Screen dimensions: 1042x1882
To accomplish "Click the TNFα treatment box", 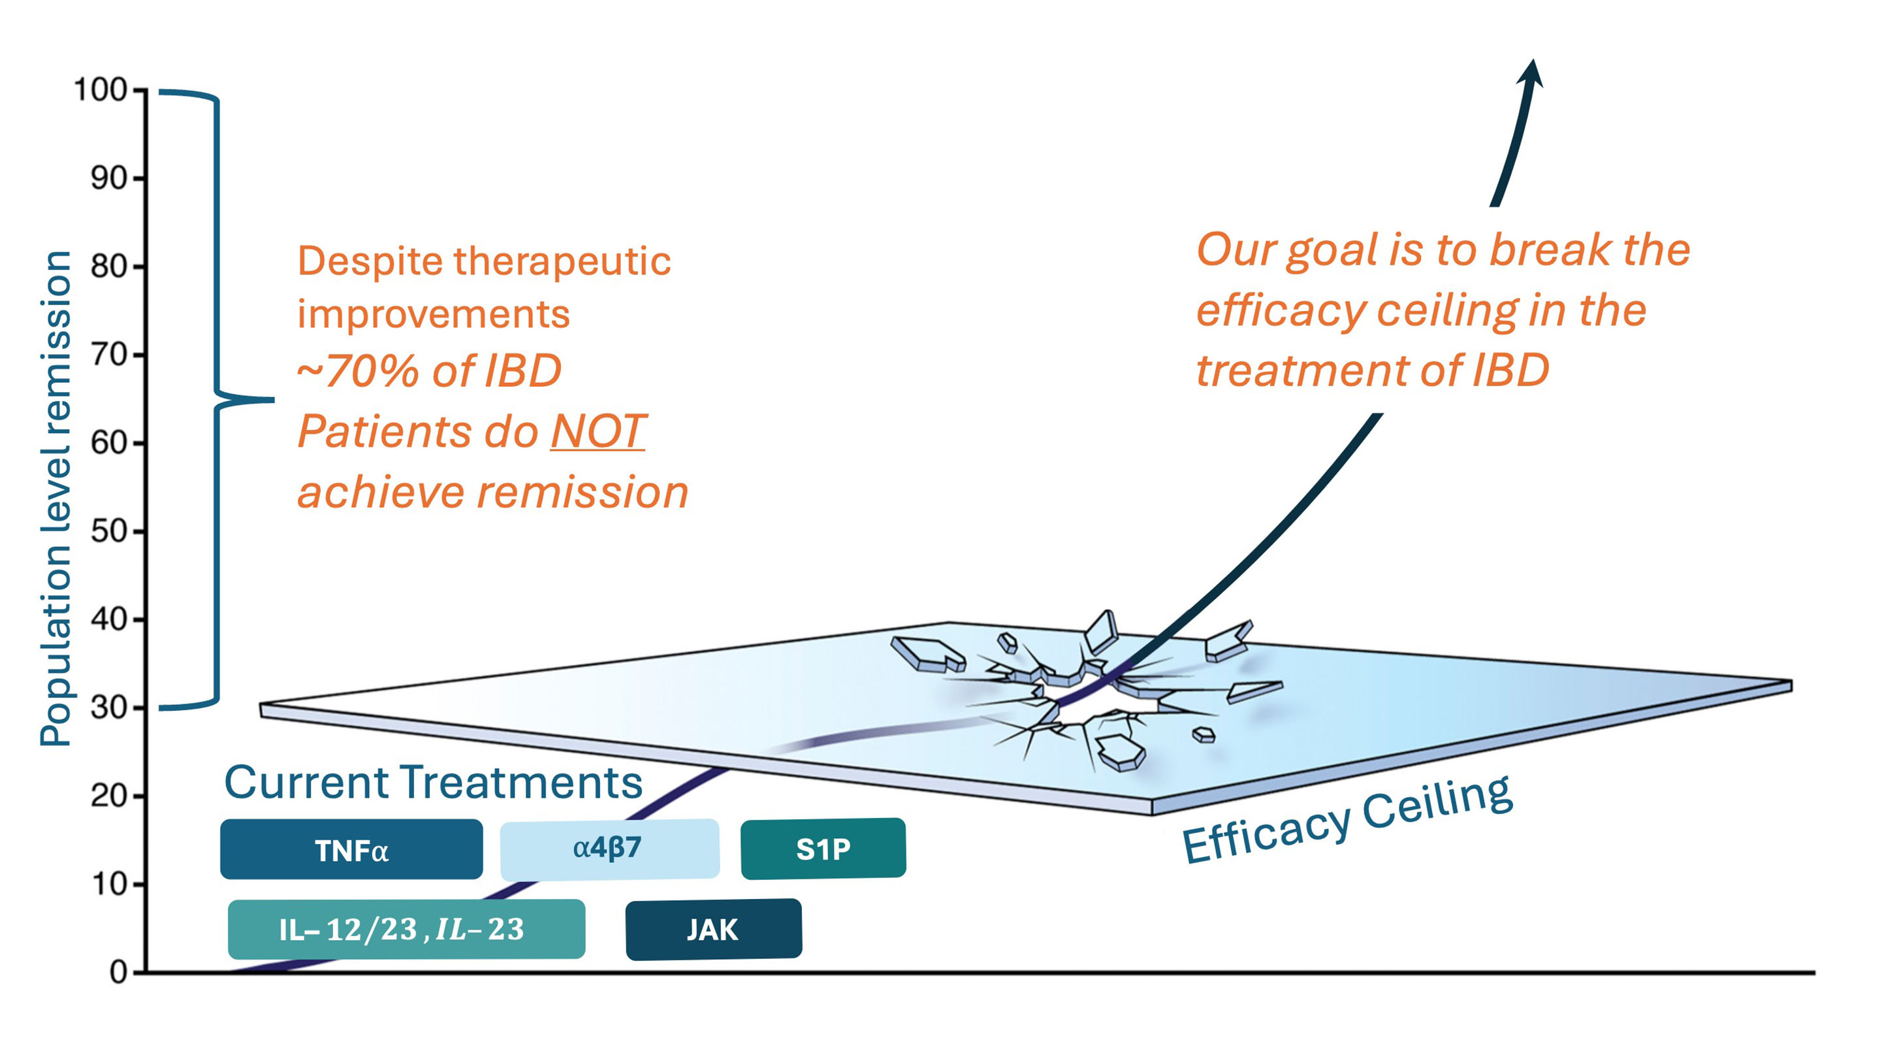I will pyautogui.click(x=351, y=849).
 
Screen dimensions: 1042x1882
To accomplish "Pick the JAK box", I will pyautogui.click(x=713, y=930).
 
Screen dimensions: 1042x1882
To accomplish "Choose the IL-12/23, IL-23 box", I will pyautogui.click(x=406, y=930).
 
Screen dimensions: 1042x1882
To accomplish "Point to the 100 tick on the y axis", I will pyautogui.click(x=101, y=91).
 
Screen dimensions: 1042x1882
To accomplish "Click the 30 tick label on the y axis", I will pyautogui.click(x=110, y=708).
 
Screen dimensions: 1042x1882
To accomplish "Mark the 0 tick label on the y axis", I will pyautogui.click(x=118, y=973).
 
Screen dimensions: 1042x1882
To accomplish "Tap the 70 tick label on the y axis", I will pyautogui.click(x=110, y=355).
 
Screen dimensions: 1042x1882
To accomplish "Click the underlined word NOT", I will pyautogui.click(x=598, y=431).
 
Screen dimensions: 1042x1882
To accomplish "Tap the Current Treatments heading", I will pyautogui.click(x=433, y=783).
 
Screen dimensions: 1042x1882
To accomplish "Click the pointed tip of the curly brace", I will pyautogui.click(x=272, y=400).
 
